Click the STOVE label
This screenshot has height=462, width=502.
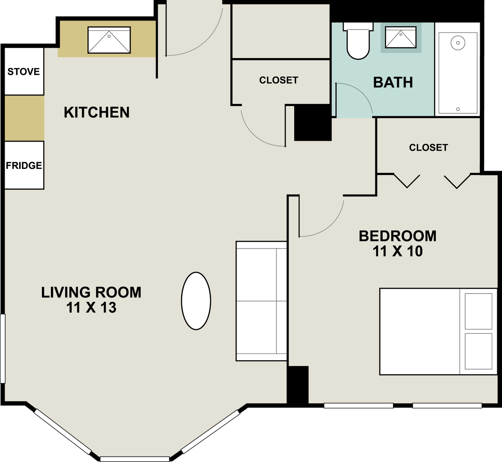tap(24, 71)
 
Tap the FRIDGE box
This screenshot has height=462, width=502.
tap(24, 165)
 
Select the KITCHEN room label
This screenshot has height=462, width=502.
tap(97, 113)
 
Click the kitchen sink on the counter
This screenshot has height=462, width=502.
tap(109, 40)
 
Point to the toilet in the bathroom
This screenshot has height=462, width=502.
tap(358, 41)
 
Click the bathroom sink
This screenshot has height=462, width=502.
tap(401, 37)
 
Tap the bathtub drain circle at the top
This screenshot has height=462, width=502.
tap(458, 43)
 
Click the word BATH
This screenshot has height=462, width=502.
tap(393, 83)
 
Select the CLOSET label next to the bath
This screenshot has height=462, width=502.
tap(279, 80)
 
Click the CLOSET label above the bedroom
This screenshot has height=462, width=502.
tap(428, 148)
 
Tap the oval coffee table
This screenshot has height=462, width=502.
tap(196, 301)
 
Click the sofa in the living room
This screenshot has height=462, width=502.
tap(261, 301)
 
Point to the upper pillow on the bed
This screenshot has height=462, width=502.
tap(478, 311)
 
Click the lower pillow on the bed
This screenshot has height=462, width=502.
tap(478, 351)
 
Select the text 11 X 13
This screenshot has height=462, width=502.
tap(91, 308)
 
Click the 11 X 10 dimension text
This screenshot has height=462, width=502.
tap(398, 251)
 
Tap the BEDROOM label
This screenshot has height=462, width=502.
tap(398, 236)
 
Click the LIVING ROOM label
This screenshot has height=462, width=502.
tap(91, 293)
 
